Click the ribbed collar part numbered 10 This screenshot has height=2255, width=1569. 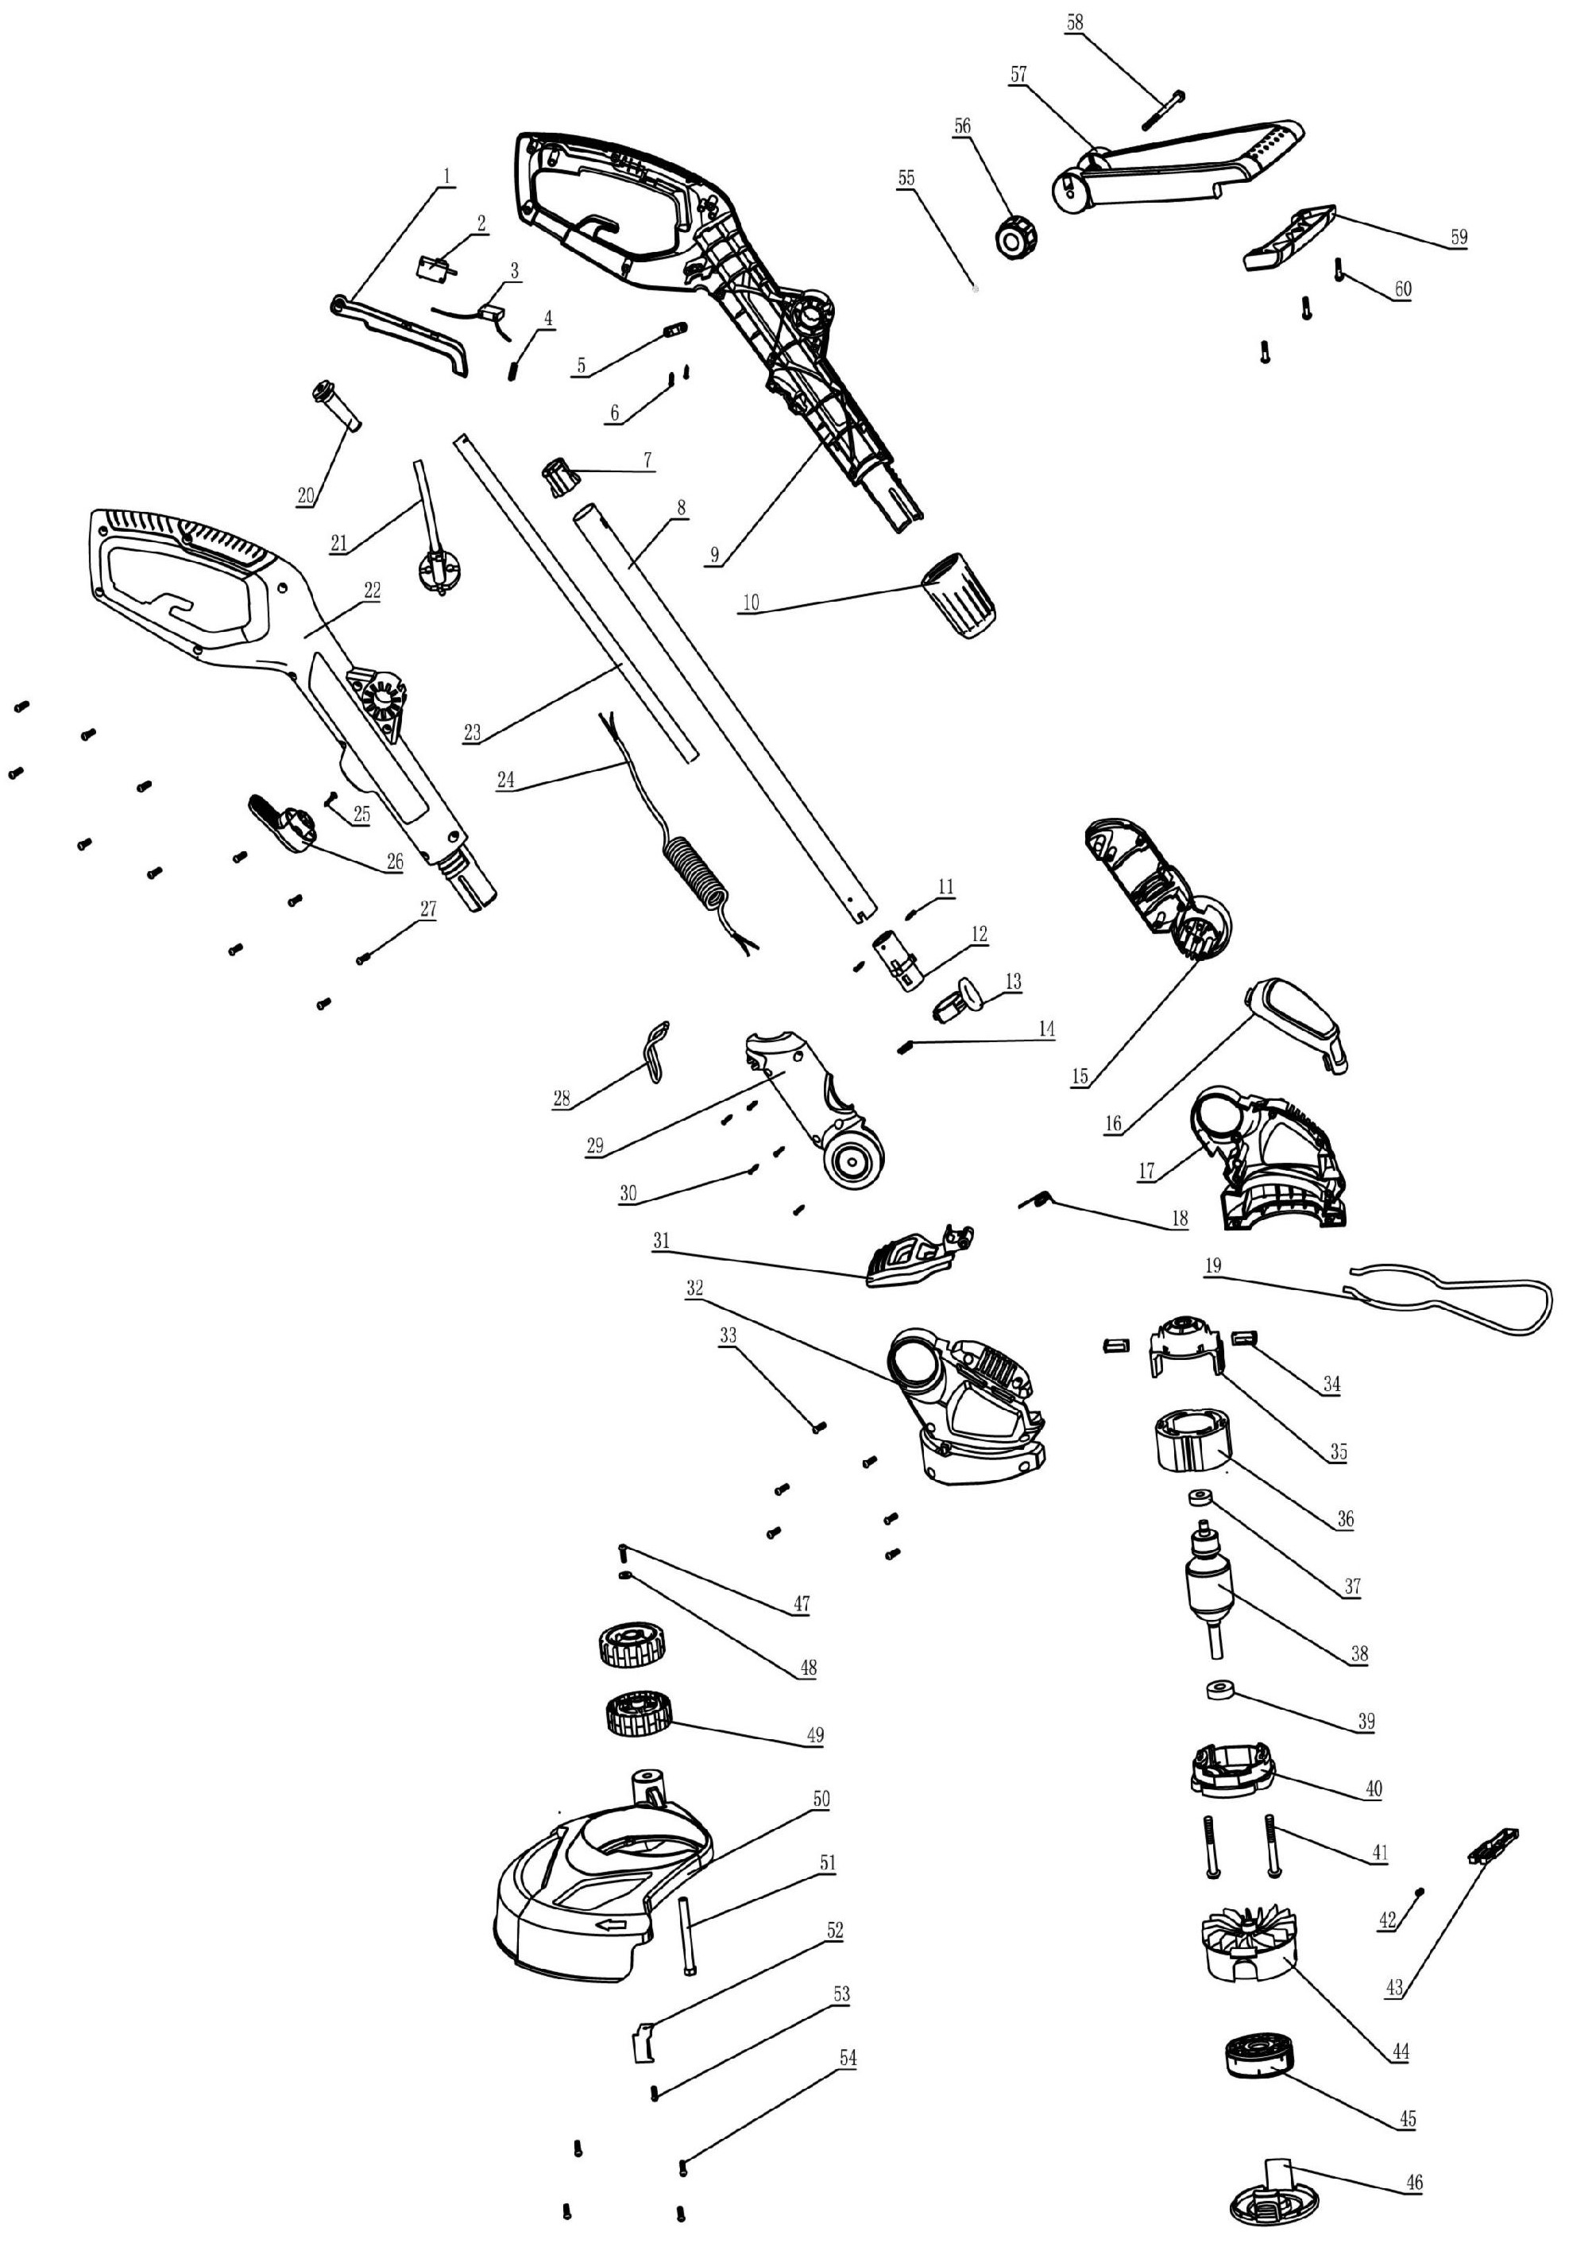[958, 595]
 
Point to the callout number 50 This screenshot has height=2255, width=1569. [821, 1800]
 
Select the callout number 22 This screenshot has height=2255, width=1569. [372, 591]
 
